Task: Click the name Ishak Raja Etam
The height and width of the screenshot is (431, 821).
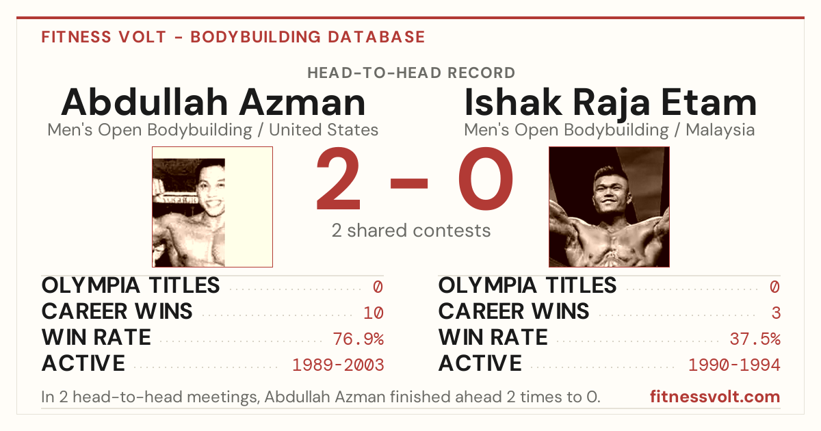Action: pos(610,103)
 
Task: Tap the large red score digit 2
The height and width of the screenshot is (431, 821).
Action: pos(338,179)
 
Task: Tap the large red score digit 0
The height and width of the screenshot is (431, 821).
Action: pos(486,179)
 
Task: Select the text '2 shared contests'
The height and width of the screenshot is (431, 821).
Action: pos(411,231)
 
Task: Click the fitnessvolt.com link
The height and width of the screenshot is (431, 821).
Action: pos(715,397)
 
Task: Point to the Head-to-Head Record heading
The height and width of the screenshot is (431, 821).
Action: pos(411,73)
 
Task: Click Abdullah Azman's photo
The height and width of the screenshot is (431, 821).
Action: pos(212,207)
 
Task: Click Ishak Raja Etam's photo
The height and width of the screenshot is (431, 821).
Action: pos(609,207)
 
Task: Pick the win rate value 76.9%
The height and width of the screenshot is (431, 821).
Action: pos(358,339)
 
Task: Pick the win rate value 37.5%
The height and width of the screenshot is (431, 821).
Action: pos(755,339)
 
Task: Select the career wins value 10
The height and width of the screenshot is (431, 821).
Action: pos(374,313)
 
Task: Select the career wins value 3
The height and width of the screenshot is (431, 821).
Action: pos(776,313)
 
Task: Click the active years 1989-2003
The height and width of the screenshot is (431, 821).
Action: pos(338,365)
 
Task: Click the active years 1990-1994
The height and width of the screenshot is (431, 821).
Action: pos(735,365)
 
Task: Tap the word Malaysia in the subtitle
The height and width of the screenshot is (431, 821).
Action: pos(720,130)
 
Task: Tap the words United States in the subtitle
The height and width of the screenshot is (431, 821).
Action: pos(324,130)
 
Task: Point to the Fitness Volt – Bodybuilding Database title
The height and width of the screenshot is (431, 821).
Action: pos(233,37)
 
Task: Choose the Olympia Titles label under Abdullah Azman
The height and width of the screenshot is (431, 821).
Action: pos(131,285)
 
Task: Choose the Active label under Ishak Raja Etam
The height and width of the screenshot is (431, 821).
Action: pos(480,363)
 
